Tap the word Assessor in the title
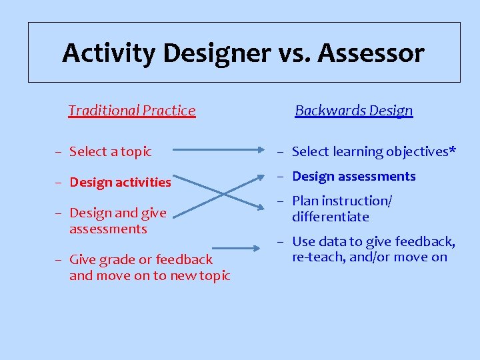point(371,53)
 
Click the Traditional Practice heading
point(132,111)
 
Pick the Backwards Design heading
point(354,111)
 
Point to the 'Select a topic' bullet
point(110,152)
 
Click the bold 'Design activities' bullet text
point(120,182)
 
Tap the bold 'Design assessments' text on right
point(353,177)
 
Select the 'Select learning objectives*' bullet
point(373,152)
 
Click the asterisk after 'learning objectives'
point(453,150)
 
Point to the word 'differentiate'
point(331,217)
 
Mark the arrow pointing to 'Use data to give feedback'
point(240,249)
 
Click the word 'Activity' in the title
point(110,53)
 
